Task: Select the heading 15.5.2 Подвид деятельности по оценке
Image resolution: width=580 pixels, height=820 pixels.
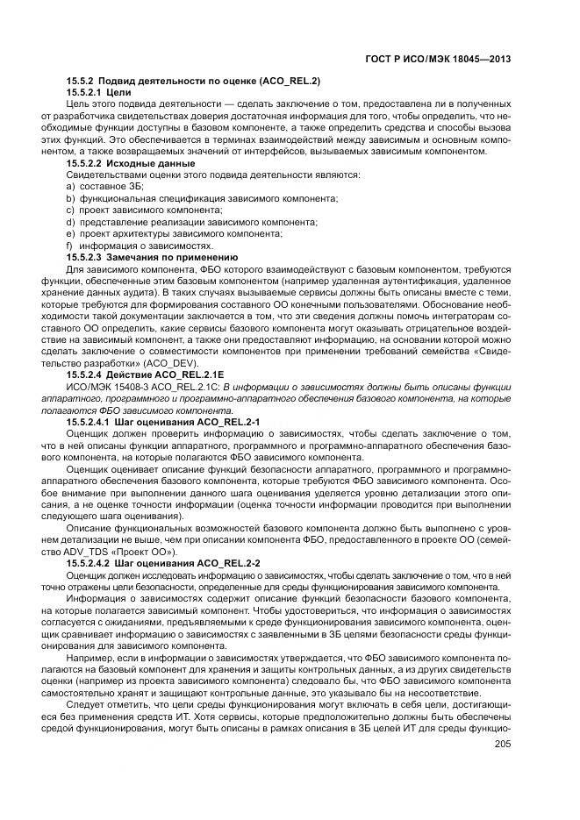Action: (193, 81)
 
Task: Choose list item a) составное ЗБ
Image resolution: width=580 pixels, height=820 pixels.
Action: (105, 187)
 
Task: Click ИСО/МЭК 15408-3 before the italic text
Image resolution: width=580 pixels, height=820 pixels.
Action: (103, 388)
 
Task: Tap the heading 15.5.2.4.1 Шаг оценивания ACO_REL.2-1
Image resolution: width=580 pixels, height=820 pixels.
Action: (163, 423)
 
